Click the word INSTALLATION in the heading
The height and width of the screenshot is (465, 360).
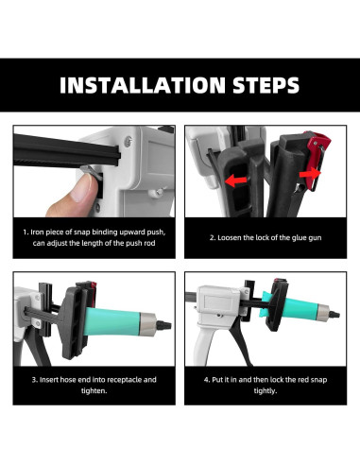pos(143,85)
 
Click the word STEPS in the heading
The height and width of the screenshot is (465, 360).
pos(266,85)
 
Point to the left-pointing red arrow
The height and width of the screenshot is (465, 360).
pos(236,181)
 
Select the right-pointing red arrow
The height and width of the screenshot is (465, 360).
pos(310,174)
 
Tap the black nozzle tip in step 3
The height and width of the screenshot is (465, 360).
pos(164,325)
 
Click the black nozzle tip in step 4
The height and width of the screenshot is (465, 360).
pos(334,314)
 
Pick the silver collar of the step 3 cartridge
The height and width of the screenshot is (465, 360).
pos(147,324)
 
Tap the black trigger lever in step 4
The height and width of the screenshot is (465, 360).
pos(238,343)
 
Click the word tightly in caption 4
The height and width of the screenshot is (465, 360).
pos(266,391)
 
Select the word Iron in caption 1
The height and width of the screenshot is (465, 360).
pos(38,232)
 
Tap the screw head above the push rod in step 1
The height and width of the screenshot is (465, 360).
pos(129,141)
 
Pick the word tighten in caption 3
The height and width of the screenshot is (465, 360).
pos(94,391)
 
